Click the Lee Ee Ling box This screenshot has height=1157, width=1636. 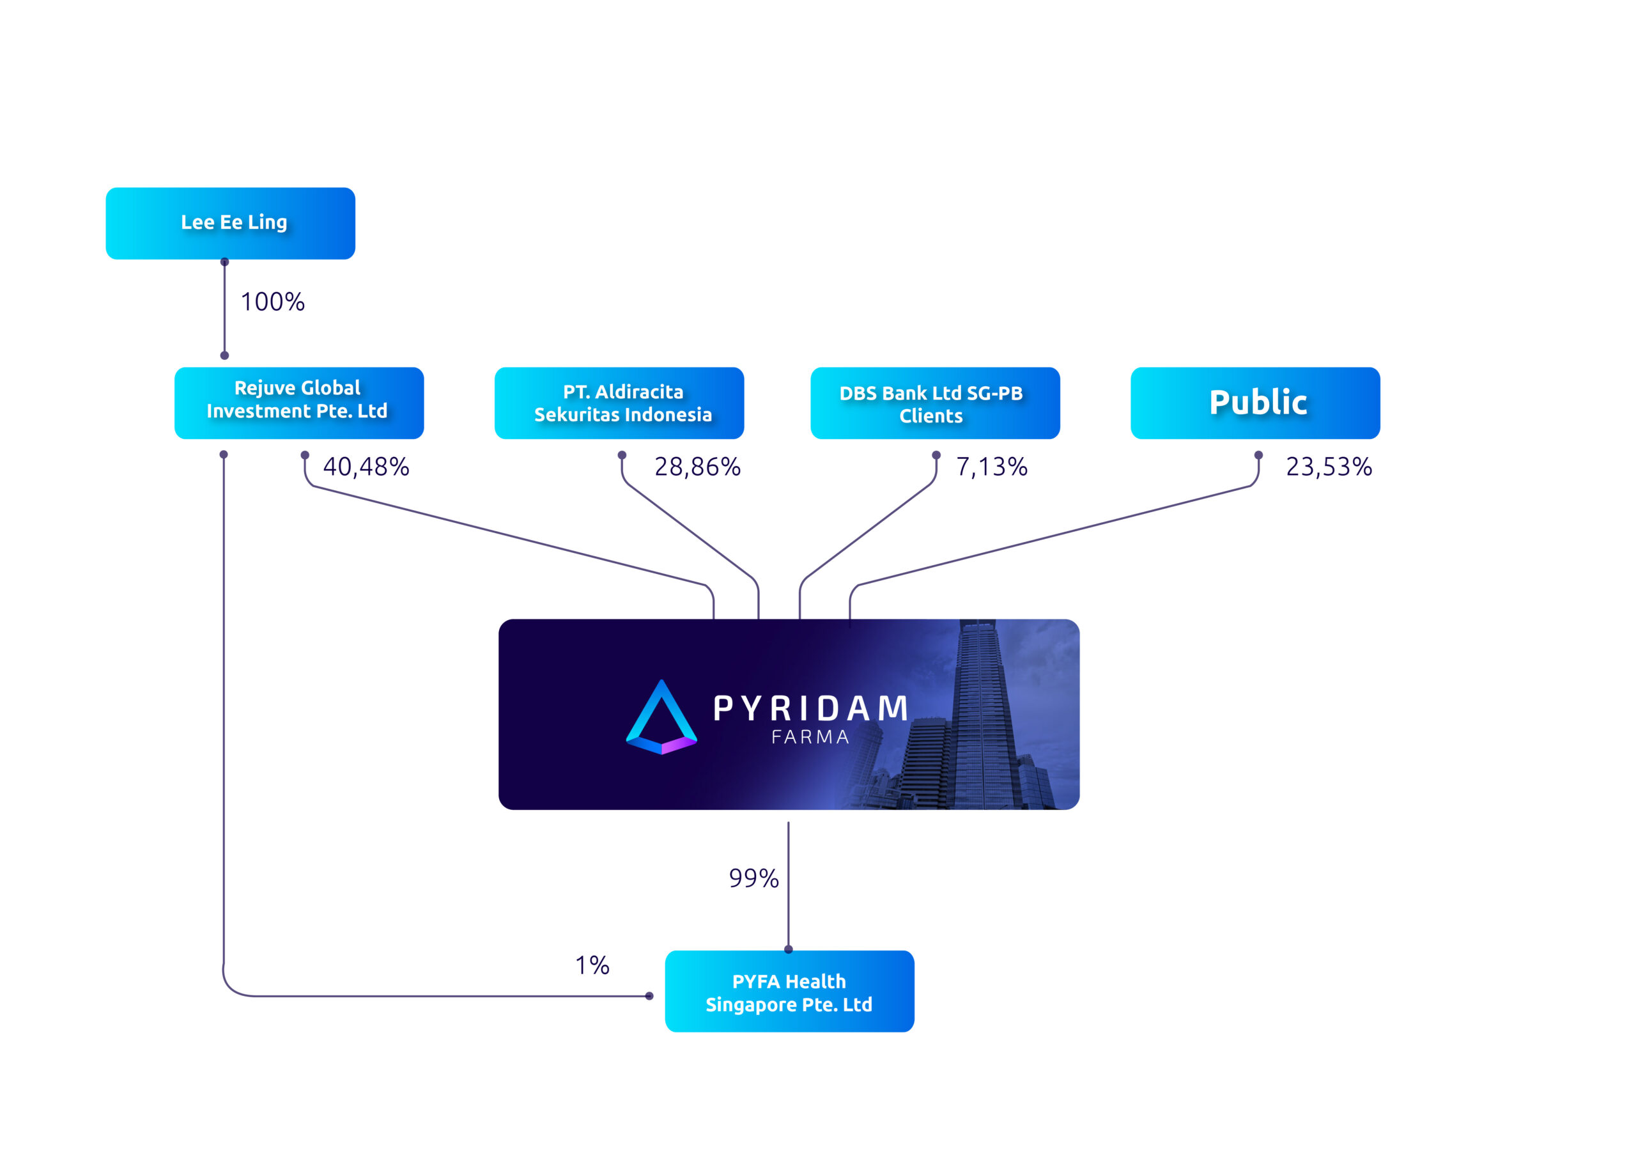tap(230, 223)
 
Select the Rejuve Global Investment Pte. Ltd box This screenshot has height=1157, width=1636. tap(299, 403)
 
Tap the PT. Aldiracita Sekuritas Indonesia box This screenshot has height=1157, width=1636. tap(619, 403)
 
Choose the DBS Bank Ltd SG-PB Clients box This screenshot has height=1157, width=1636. tap(935, 403)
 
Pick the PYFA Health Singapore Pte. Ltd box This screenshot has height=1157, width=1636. tap(789, 991)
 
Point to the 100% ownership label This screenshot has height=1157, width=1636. tap(273, 302)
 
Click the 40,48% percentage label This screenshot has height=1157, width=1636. tap(366, 467)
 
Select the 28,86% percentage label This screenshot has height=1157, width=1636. tap(698, 467)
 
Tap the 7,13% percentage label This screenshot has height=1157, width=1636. tap(992, 467)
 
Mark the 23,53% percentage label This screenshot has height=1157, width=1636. tap(1329, 467)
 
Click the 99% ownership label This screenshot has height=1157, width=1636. tap(754, 878)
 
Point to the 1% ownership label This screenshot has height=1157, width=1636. tap(592, 965)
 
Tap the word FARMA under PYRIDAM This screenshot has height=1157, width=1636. tap(811, 737)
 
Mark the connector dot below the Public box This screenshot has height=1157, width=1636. tap(1258, 455)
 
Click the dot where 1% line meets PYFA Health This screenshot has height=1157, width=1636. tap(649, 996)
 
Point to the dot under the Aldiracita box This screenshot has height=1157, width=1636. tap(622, 455)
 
